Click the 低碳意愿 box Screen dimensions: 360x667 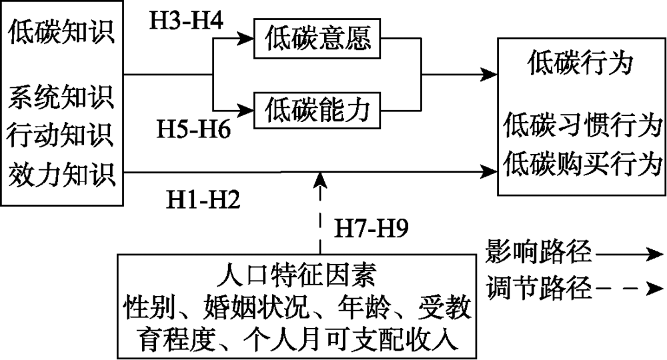point(315,39)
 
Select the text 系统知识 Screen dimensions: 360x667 point(61,101)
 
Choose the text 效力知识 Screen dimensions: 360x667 point(61,175)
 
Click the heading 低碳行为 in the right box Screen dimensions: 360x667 point(580,64)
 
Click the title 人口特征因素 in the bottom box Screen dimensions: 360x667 point(296,275)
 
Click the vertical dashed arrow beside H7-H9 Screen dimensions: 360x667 point(321,213)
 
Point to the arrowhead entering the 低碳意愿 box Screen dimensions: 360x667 point(245,40)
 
